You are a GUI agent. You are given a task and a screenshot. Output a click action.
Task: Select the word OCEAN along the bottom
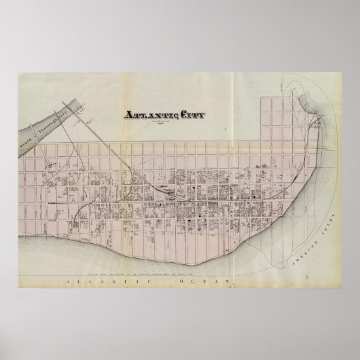pos(201,280)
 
